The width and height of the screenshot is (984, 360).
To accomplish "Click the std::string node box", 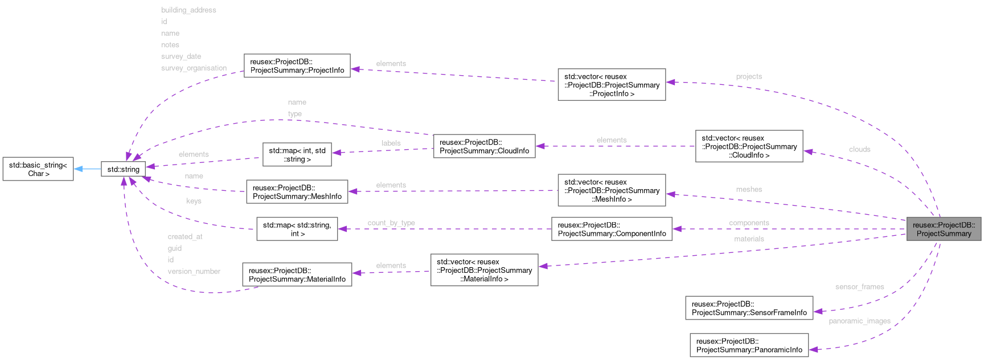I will pyautogui.click(x=123, y=169).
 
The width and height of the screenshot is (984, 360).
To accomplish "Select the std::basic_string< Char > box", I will pyautogui.click(x=38, y=169).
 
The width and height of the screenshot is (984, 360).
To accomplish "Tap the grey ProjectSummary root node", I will pyautogui.click(x=944, y=229).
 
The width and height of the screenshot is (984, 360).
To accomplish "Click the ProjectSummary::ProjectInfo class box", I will pyautogui.click(x=297, y=66).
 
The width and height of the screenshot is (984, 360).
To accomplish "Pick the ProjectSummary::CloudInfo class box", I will pyautogui.click(x=484, y=146).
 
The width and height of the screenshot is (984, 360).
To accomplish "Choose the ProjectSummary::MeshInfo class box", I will pyautogui.click(x=297, y=192).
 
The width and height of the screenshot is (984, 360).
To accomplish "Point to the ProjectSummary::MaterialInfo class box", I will pyautogui.click(x=297, y=275).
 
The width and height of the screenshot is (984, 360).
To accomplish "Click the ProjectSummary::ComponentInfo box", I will pyautogui.click(x=612, y=229).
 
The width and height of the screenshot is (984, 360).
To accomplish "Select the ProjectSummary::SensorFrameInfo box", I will pyautogui.click(x=749, y=308).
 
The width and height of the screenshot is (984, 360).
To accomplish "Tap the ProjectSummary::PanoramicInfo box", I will pyautogui.click(x=749, y=345).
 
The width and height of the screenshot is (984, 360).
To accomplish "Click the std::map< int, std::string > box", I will pyautogui.click(x=297, y=155).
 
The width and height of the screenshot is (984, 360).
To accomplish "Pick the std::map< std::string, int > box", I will pyautogui.click(x=297, y=229).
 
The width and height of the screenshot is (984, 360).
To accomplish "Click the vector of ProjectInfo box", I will pyautogui.click(x=612, y=85).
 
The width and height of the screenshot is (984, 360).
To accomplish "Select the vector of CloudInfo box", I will pyautogui.click(x=749, y=146).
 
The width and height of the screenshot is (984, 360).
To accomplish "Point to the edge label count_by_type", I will pyautogui.click(x=391, y=223).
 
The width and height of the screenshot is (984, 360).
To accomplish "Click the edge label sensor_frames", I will pyautogui.click(x=859, y=287).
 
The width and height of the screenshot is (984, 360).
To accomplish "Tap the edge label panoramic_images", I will pyautogui.click(x=859, y=321).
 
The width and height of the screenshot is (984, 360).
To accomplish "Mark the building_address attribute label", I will pyautogui.click(x=188, y=10).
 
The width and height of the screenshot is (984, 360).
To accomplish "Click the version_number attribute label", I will pyautogui.click(x=194, y=271).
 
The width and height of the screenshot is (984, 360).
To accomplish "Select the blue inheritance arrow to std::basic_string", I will pyautogui.click(x=87, y=169).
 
